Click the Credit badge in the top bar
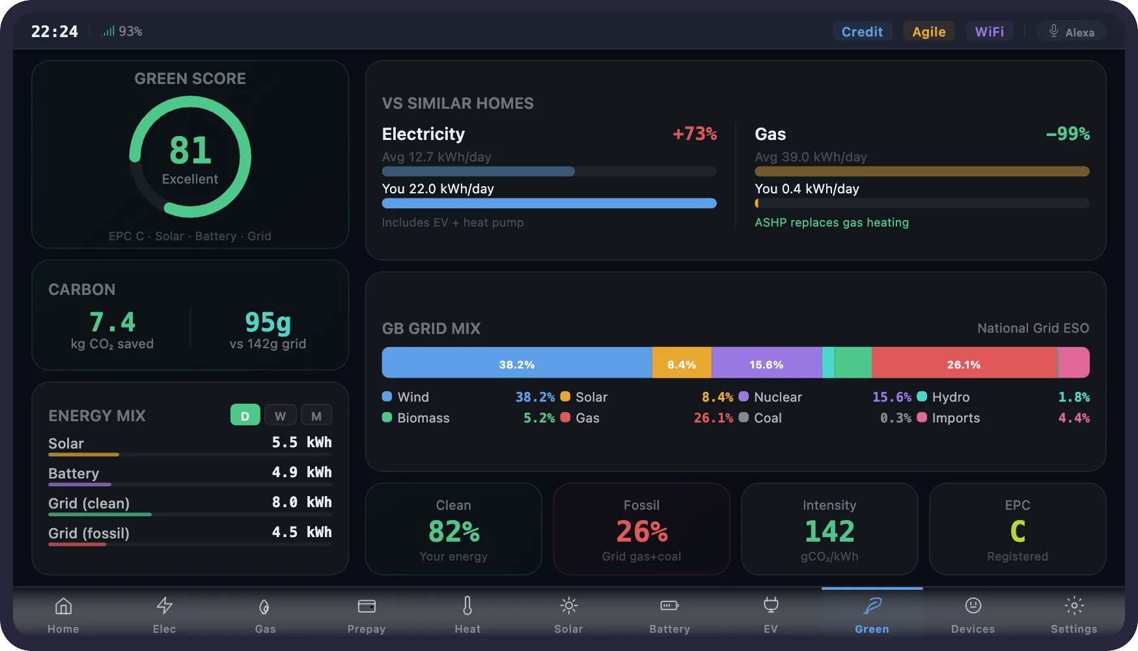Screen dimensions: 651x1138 click(x=862, y=32)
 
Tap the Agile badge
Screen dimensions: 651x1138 click(x=928, y=32)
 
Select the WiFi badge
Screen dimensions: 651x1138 click(x=989, y=32)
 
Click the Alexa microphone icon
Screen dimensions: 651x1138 click(x=1053, y=31)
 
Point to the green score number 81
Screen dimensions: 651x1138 click(x=190, y=150)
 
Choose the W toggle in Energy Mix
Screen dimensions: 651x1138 click(x=280, y=416)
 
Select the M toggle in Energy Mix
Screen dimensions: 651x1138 click(x=316, y=416)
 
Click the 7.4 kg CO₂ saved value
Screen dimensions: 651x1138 click(x=112, y=322)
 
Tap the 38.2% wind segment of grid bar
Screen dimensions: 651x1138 click(x=516, y=364)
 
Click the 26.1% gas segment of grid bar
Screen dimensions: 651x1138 click(x=964, y=364)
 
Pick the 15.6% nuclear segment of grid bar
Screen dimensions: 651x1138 click(x=766, y=364)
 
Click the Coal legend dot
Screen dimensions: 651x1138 click(x=743, y=418)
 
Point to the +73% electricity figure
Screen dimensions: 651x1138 click(x=695, y=134)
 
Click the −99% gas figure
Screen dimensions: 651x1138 click(x=1068, y=134)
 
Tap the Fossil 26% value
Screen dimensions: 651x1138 click(x=642, y=532)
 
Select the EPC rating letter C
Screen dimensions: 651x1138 click(x=1018, y=532)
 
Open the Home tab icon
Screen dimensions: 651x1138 click(x=63, y=606)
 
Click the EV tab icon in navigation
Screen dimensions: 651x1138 click(x=771, y=605)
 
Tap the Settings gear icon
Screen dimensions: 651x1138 click(x=1074, y=606)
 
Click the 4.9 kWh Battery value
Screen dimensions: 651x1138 click(x=301, y=473)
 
